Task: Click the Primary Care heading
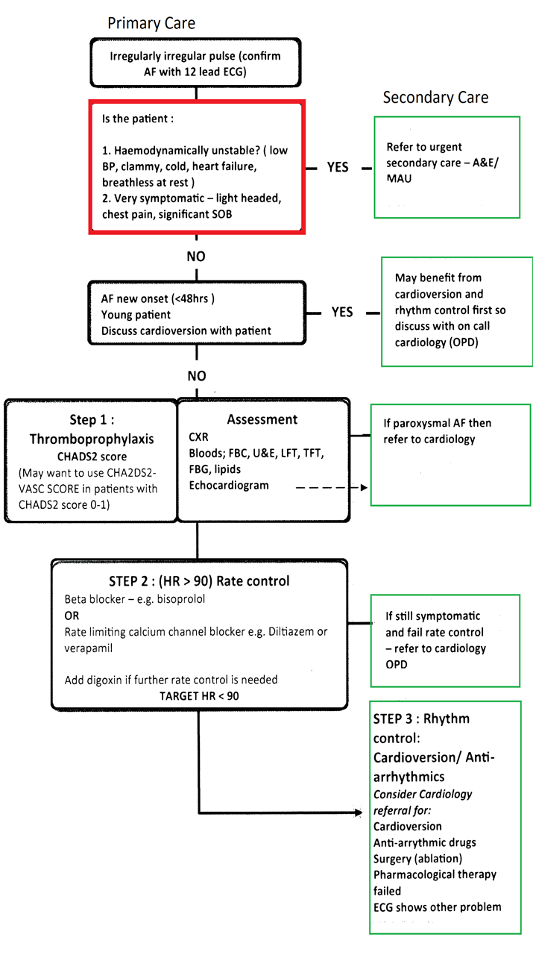click(x=151, y=23)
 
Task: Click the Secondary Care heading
click(x=435, y=98)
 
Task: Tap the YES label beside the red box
click(x=338, y=167)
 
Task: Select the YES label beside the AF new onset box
click(x=342, y=312)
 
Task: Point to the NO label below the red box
click(x=196, y=256)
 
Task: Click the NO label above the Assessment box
click(x=196, y=375)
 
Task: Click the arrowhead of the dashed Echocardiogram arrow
click(x=364, y=487)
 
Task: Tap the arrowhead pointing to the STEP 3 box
click(x=359, y=812)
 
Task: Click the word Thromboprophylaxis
click(x=92, y=439)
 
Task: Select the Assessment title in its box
click(x=262, y=419)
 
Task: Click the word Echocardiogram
click(x=229, y=486)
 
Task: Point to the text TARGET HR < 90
click(x=199, y=696)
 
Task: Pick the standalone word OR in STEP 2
click(x=72, y=616)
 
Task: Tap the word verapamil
click(x=88, y=648)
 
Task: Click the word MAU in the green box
click(x=399, y=178)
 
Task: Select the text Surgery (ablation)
click(x=417, y=859)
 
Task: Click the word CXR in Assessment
click(x=198, y=437)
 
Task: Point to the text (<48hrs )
click(x=192, y=298)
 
